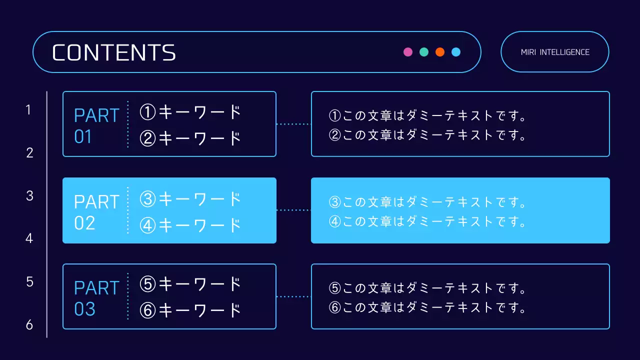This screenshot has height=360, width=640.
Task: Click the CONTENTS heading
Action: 114,52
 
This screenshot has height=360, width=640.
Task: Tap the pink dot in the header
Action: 408,52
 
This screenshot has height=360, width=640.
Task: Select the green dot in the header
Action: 424,52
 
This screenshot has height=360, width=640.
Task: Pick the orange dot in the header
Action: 440,52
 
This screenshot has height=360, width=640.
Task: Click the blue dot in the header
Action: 456,52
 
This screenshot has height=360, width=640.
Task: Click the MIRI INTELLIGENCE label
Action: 555,52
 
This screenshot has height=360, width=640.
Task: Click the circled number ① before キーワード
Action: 148,112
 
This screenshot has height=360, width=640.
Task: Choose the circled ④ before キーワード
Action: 148,225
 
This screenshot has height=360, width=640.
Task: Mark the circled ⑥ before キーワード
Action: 148,310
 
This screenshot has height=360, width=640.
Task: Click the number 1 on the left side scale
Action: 29,109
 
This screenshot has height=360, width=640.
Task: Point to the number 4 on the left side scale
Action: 29,238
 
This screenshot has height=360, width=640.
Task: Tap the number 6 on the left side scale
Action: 29,325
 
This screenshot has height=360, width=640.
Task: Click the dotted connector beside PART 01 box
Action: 293,124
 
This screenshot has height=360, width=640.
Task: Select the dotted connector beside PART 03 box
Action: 293,296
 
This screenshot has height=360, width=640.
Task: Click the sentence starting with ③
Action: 428,202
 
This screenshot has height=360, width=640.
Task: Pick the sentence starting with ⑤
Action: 428,288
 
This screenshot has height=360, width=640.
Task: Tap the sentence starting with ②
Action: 428,135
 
